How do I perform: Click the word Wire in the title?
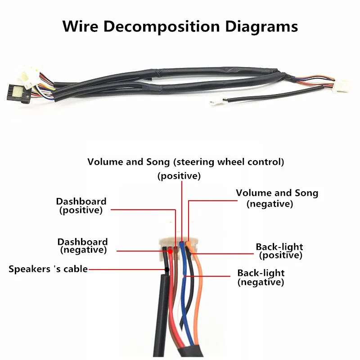click(x=80, y=26)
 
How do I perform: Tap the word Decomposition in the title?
click(x=162, y=27)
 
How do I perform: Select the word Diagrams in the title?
click(x=261, y=27)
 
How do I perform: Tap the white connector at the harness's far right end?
click(x=342, y=86)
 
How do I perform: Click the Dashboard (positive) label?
click(x=81, y=206)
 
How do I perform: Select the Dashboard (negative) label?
click(x=83, y=246)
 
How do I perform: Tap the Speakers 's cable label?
click(x=48, y=269)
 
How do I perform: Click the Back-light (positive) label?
click(x=279, y=251)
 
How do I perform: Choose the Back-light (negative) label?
click(x=261, y=278)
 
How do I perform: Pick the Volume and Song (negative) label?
click(x=277, y=198)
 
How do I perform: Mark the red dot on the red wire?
click(x=171, y=252)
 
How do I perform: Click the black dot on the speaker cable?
click(x=167, y=269)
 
